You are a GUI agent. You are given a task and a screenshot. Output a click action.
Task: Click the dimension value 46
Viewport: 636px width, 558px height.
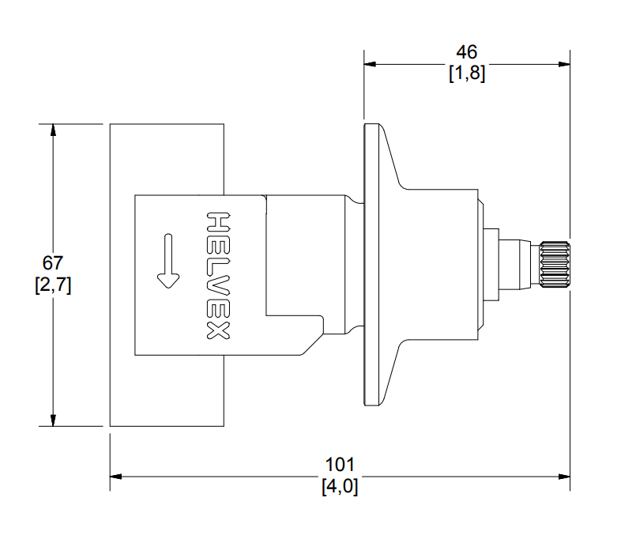pyautogui.click(x=466, y=52)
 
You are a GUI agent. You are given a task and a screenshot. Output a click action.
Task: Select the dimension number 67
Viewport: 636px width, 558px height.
pyautogui.click(x=53, y=263)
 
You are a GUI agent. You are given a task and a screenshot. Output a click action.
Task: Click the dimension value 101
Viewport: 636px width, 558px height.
pyautogui.click(x=340, y=465)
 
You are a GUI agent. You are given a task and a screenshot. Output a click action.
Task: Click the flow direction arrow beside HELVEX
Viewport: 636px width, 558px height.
pyautogui.click(x=168, y=261)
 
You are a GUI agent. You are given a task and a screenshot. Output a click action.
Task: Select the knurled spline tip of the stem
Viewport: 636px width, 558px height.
pyautogui.click(x=555, y=264)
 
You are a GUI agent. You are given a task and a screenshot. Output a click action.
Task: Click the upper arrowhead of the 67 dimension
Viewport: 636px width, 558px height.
pyautogui.click(x=53, y=130)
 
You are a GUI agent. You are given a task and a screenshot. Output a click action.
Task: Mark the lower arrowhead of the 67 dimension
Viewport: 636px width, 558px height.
pyautogui.click(x=53, y=420)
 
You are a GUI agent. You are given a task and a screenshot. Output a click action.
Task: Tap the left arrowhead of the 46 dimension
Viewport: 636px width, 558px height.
pyautogui.click(x=370, y=64)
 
